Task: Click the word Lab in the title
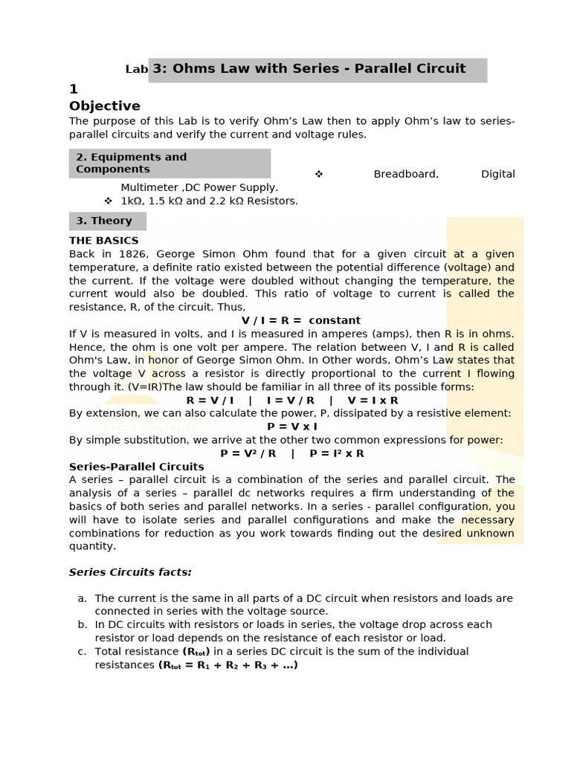137,70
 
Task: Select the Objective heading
104,106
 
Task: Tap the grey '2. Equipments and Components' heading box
170,163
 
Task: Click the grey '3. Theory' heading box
107,221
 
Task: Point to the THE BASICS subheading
103,241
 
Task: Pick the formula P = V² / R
248,453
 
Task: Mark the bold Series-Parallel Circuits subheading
136,467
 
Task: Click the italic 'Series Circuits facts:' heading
130,572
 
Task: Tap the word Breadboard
406,174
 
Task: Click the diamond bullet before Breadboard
319,174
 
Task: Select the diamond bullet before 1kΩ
108,201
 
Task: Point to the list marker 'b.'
82,625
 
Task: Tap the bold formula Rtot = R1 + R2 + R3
228,665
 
